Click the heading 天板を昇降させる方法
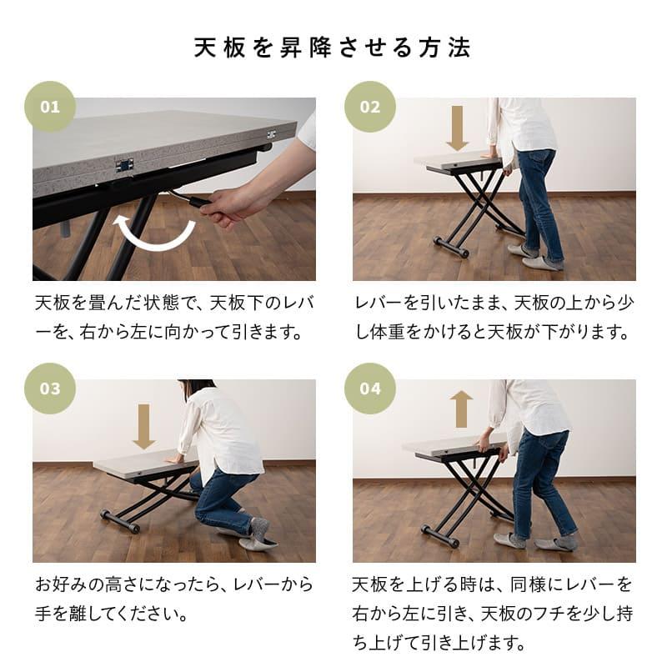pos(333,47)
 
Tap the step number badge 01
pos(50,107)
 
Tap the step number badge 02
pos(370,107)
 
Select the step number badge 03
pos(50,389)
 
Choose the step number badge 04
pos(370,389)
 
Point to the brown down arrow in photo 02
pos(457,127)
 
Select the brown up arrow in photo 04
pos(461,409)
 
